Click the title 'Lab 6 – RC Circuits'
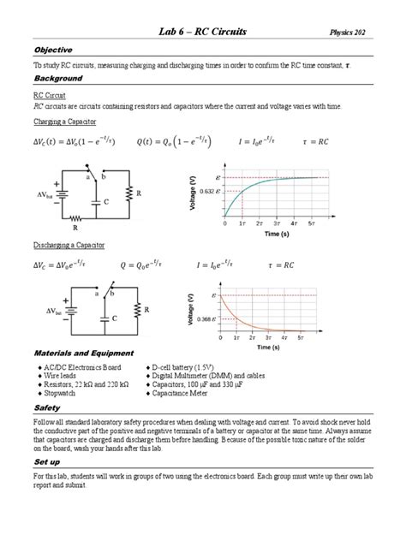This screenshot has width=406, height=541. tap(203, 32)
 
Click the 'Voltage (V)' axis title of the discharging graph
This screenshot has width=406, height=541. tap(189, 306)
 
